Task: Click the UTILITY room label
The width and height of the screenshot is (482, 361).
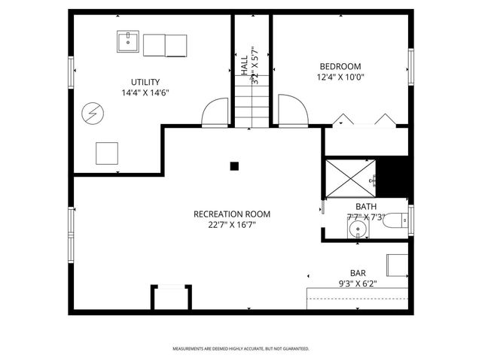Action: [145, 82]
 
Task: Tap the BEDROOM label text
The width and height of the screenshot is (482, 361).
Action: [340, 66]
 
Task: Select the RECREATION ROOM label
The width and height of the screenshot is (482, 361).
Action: [231, 214]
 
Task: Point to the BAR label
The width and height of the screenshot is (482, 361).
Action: [358, 273]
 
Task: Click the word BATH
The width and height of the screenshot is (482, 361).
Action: [366, 207]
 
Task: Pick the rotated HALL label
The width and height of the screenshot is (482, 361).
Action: [245, 62]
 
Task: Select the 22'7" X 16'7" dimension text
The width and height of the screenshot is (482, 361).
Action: [231, 224]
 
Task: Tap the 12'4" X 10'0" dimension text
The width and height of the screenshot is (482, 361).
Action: [340, 77]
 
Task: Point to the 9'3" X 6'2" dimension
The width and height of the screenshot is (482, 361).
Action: [358, 284]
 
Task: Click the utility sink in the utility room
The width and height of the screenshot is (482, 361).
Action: [127, 42]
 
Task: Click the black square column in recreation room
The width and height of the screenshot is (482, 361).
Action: [234, 166]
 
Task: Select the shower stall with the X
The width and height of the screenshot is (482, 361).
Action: [348, 177]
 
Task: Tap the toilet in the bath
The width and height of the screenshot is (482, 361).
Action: [395, 221]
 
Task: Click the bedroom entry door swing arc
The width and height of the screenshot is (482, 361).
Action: [293, 111]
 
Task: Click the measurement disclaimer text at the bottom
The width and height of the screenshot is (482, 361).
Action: [241, 349]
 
